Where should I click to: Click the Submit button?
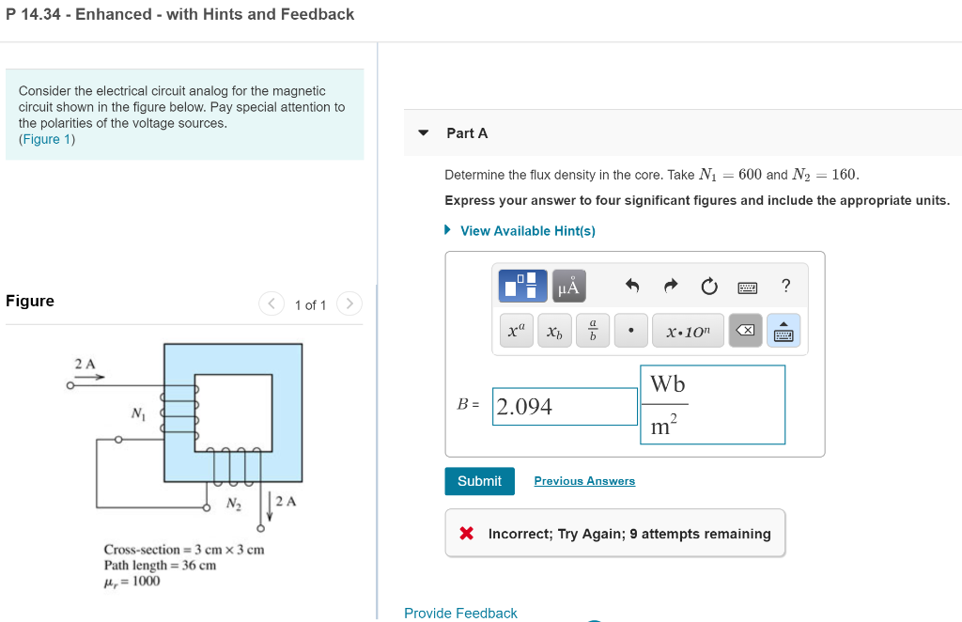(x=479, y=481)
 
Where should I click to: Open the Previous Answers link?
(x=584, y=481)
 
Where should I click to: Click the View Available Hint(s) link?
(x=527, y=231)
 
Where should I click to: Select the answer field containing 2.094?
(x=565, y=407)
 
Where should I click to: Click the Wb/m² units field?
(x=712, y=405)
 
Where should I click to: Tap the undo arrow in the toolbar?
(x=632, y=286)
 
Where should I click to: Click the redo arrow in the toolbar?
(x=670, y=286)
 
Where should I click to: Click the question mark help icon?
(x=786, y=286)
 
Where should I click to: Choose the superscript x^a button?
(x=516, y=331)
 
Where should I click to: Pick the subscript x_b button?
(x=554, y=331)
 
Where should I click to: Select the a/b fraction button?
(x=593, y=331)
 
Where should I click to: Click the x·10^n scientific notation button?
(x=688, y=331)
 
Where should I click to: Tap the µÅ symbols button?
(x=569, y=286)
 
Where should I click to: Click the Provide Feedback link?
(x=460, y=614)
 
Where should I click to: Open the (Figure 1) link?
(x=47, y=139)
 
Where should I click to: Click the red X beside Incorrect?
(x=466, y=534)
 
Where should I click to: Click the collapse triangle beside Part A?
(x=424, y=132)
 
